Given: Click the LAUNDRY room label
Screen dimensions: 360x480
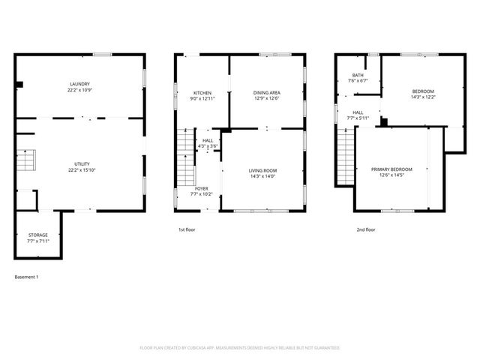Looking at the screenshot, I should (x=80, y=83).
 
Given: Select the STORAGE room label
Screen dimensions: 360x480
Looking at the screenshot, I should (x=37, y=235).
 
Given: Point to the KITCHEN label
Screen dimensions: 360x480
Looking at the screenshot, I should (x=202, y=93).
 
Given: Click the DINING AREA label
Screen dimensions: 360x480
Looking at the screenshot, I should (x=267, y=93).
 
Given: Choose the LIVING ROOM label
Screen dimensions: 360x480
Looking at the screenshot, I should (x=263, y=170).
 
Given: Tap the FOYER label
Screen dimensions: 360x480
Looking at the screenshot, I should (x=202, y=188).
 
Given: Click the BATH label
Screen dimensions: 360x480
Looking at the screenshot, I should (x=358, y=75).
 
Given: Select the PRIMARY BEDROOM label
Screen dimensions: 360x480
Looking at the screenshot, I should (x=391, y=169).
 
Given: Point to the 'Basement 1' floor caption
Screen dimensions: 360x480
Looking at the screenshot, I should (x=26, y=277).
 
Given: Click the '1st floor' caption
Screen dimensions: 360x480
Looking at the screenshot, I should (x=187, y=229).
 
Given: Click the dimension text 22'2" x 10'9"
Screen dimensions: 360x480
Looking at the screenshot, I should (x=80, y=90).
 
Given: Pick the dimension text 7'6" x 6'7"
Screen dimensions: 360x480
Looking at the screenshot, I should (x=358, y=81).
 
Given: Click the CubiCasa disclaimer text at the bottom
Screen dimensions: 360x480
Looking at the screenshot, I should (x=239, y=348).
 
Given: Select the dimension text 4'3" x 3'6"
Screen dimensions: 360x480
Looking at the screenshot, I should (x=208, y=146).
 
